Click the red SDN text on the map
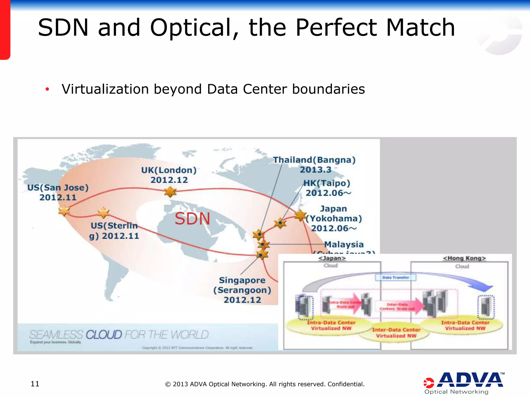point(192,219)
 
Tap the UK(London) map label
point(169,175)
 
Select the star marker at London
point(170,192)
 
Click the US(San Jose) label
point(58,192)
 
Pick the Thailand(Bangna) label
point(314,165)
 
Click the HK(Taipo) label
point(327,188)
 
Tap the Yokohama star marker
point(301,215)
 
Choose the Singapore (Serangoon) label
point(242,290)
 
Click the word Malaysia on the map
point(344,244)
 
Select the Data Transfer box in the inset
point(395,278)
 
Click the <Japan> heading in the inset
point(332,258)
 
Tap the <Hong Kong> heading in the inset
point(464,258)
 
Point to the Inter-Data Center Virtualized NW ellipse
point(396,333)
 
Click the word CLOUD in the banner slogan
point(104,335)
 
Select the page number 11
point(35,384)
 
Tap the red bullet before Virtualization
point(47,89)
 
